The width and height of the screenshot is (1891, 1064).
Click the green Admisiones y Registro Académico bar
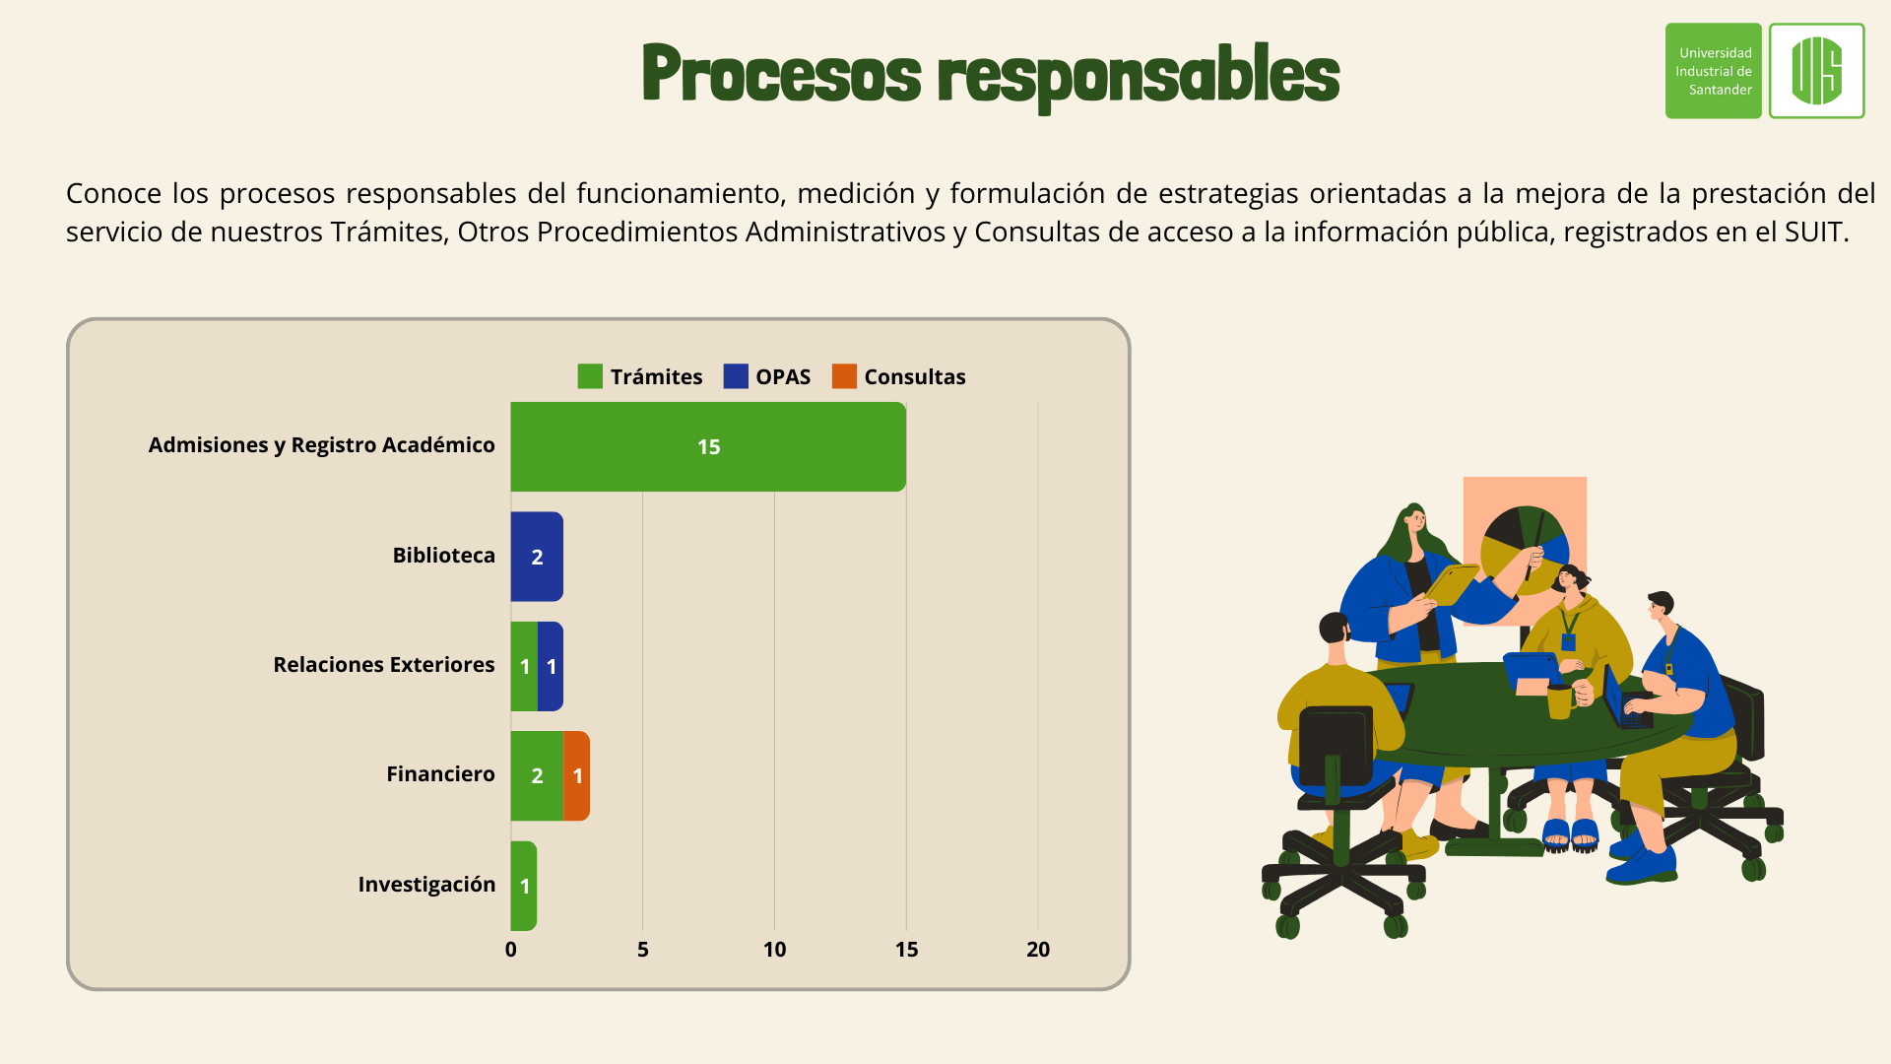click(x=708, y=446)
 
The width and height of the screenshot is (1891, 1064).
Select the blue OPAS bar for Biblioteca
click(x=537, y=557)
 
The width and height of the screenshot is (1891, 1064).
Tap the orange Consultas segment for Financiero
click(x=577, y=776)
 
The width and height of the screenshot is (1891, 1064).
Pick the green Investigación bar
click(x=524, y=886)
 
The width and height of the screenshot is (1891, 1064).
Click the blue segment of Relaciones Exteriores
click(x=551, y=666)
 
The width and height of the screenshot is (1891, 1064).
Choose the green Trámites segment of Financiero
click(x=537, y=776)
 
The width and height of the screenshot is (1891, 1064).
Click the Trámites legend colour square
click(x=590, y=376)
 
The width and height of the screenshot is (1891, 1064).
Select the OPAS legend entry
click(x=767, y=376)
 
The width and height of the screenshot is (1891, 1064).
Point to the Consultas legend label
click(x=915, y=376)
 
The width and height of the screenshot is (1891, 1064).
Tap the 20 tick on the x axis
click(x=1038, y=950)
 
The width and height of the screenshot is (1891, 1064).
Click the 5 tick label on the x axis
click(x=643, y=950)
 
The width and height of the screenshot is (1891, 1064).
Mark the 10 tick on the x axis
click(x=775, y=950)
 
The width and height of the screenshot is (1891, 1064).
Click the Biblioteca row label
click(x=444, y=556)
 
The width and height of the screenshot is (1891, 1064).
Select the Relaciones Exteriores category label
click(x=384, y=665)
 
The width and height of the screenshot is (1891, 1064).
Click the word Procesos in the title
click(x=781, y=74)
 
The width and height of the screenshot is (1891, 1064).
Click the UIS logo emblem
click(x=1817, y=71)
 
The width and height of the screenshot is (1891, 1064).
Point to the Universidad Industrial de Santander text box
click(x=1714, y=71)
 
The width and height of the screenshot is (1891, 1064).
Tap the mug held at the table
click(x=1560, y=701)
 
